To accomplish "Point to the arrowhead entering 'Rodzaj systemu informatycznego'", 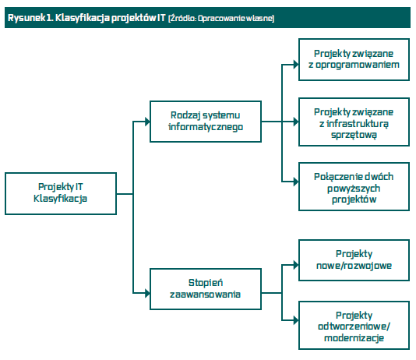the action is (x=147, y=122).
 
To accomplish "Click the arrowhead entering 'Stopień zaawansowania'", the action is (x=147, y=293).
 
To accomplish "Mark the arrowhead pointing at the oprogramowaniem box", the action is (x=296, y=65).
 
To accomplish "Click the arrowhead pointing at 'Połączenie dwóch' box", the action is (x=296, y=182).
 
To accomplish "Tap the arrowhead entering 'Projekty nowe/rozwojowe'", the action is (x=296, y=265).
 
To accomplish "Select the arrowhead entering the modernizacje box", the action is (x=296, y=320).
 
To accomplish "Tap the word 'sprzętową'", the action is (x=354, y=135).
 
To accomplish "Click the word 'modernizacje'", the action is (x=354, y=338).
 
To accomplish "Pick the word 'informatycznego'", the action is (x=206, y=127).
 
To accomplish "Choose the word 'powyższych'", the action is (x=354, y=189).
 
